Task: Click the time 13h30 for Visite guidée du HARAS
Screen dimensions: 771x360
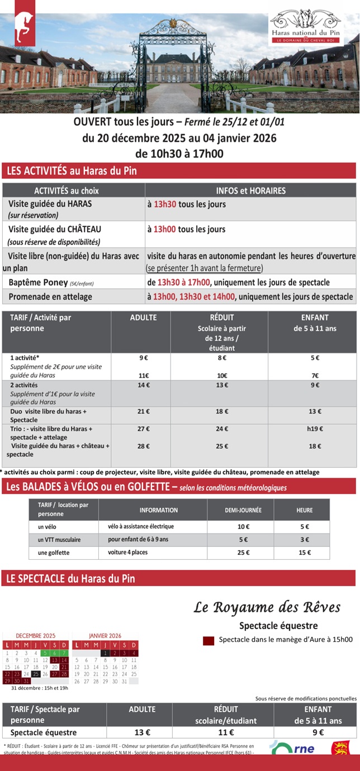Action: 165,204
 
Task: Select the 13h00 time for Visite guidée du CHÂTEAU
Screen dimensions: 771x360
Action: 165,229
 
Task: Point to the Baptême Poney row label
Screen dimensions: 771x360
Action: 37,282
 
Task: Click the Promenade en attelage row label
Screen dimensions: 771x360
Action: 50,297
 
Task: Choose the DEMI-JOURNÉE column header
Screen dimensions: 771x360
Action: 243,510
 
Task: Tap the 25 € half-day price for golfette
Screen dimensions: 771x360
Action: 243,553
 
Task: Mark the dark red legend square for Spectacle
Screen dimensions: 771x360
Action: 209,641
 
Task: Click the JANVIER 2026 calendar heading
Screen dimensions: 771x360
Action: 105,636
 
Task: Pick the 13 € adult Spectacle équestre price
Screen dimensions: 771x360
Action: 142,732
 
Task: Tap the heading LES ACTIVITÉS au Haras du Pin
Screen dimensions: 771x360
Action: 71,171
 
